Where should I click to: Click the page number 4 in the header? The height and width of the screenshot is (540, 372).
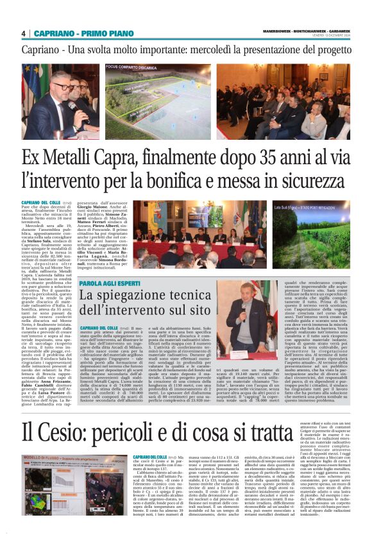[x=23, y=33]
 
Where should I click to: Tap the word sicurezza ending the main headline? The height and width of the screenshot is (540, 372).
[x=318, y=181]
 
